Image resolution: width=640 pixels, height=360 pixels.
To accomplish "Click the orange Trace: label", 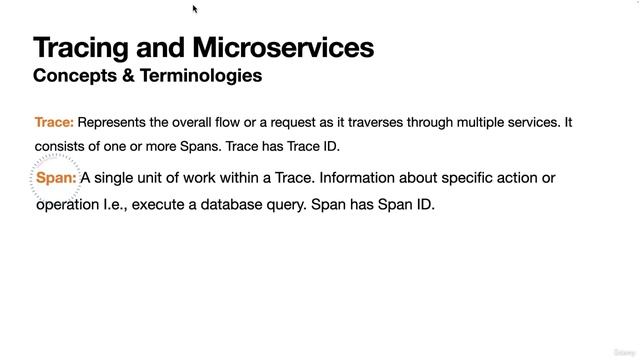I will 54,123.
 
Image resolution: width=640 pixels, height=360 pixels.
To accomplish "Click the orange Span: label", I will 56,178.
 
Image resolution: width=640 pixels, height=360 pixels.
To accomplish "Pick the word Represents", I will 114,123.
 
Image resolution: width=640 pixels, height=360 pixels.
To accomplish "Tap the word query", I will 287,205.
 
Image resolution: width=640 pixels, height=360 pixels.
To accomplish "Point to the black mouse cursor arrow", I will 196,9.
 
